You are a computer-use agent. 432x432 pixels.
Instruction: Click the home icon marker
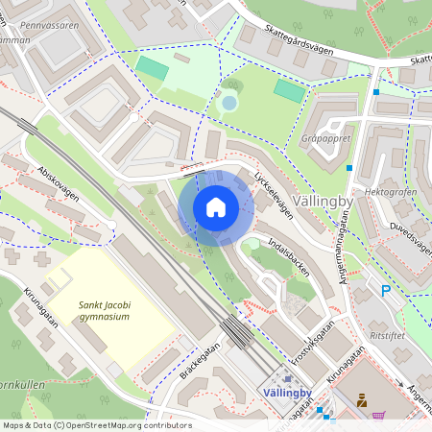(x=216, y=207)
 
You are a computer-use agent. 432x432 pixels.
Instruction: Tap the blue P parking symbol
(x=386, y=291)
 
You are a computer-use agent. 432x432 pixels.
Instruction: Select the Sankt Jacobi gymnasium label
(x=91, y=310)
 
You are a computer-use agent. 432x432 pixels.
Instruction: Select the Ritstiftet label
(x=394, y=338)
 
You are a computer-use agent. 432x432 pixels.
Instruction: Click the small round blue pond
(x=228, y=102)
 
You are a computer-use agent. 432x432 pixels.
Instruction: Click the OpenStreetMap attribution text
(x=97, y=424)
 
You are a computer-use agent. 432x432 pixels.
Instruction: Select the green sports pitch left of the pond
(x=151, y=68)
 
